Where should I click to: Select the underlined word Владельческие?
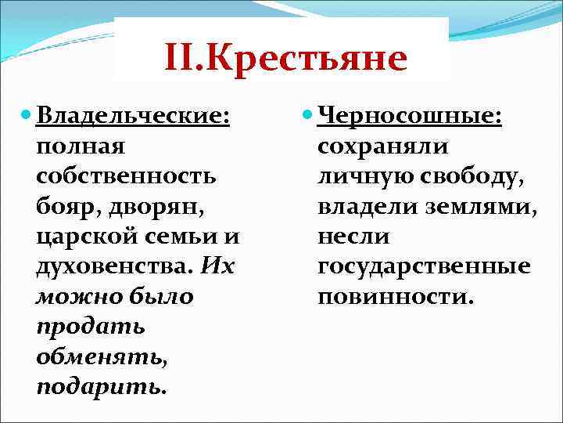coord(131,116)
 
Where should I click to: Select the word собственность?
coord(125,175)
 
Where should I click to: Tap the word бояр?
coord(64,205)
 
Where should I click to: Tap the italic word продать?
coord(80,326)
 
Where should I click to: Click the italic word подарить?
coord(101,385)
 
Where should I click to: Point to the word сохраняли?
coord(383,146)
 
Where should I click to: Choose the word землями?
coord(479,205)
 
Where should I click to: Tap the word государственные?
coord(424,266)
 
